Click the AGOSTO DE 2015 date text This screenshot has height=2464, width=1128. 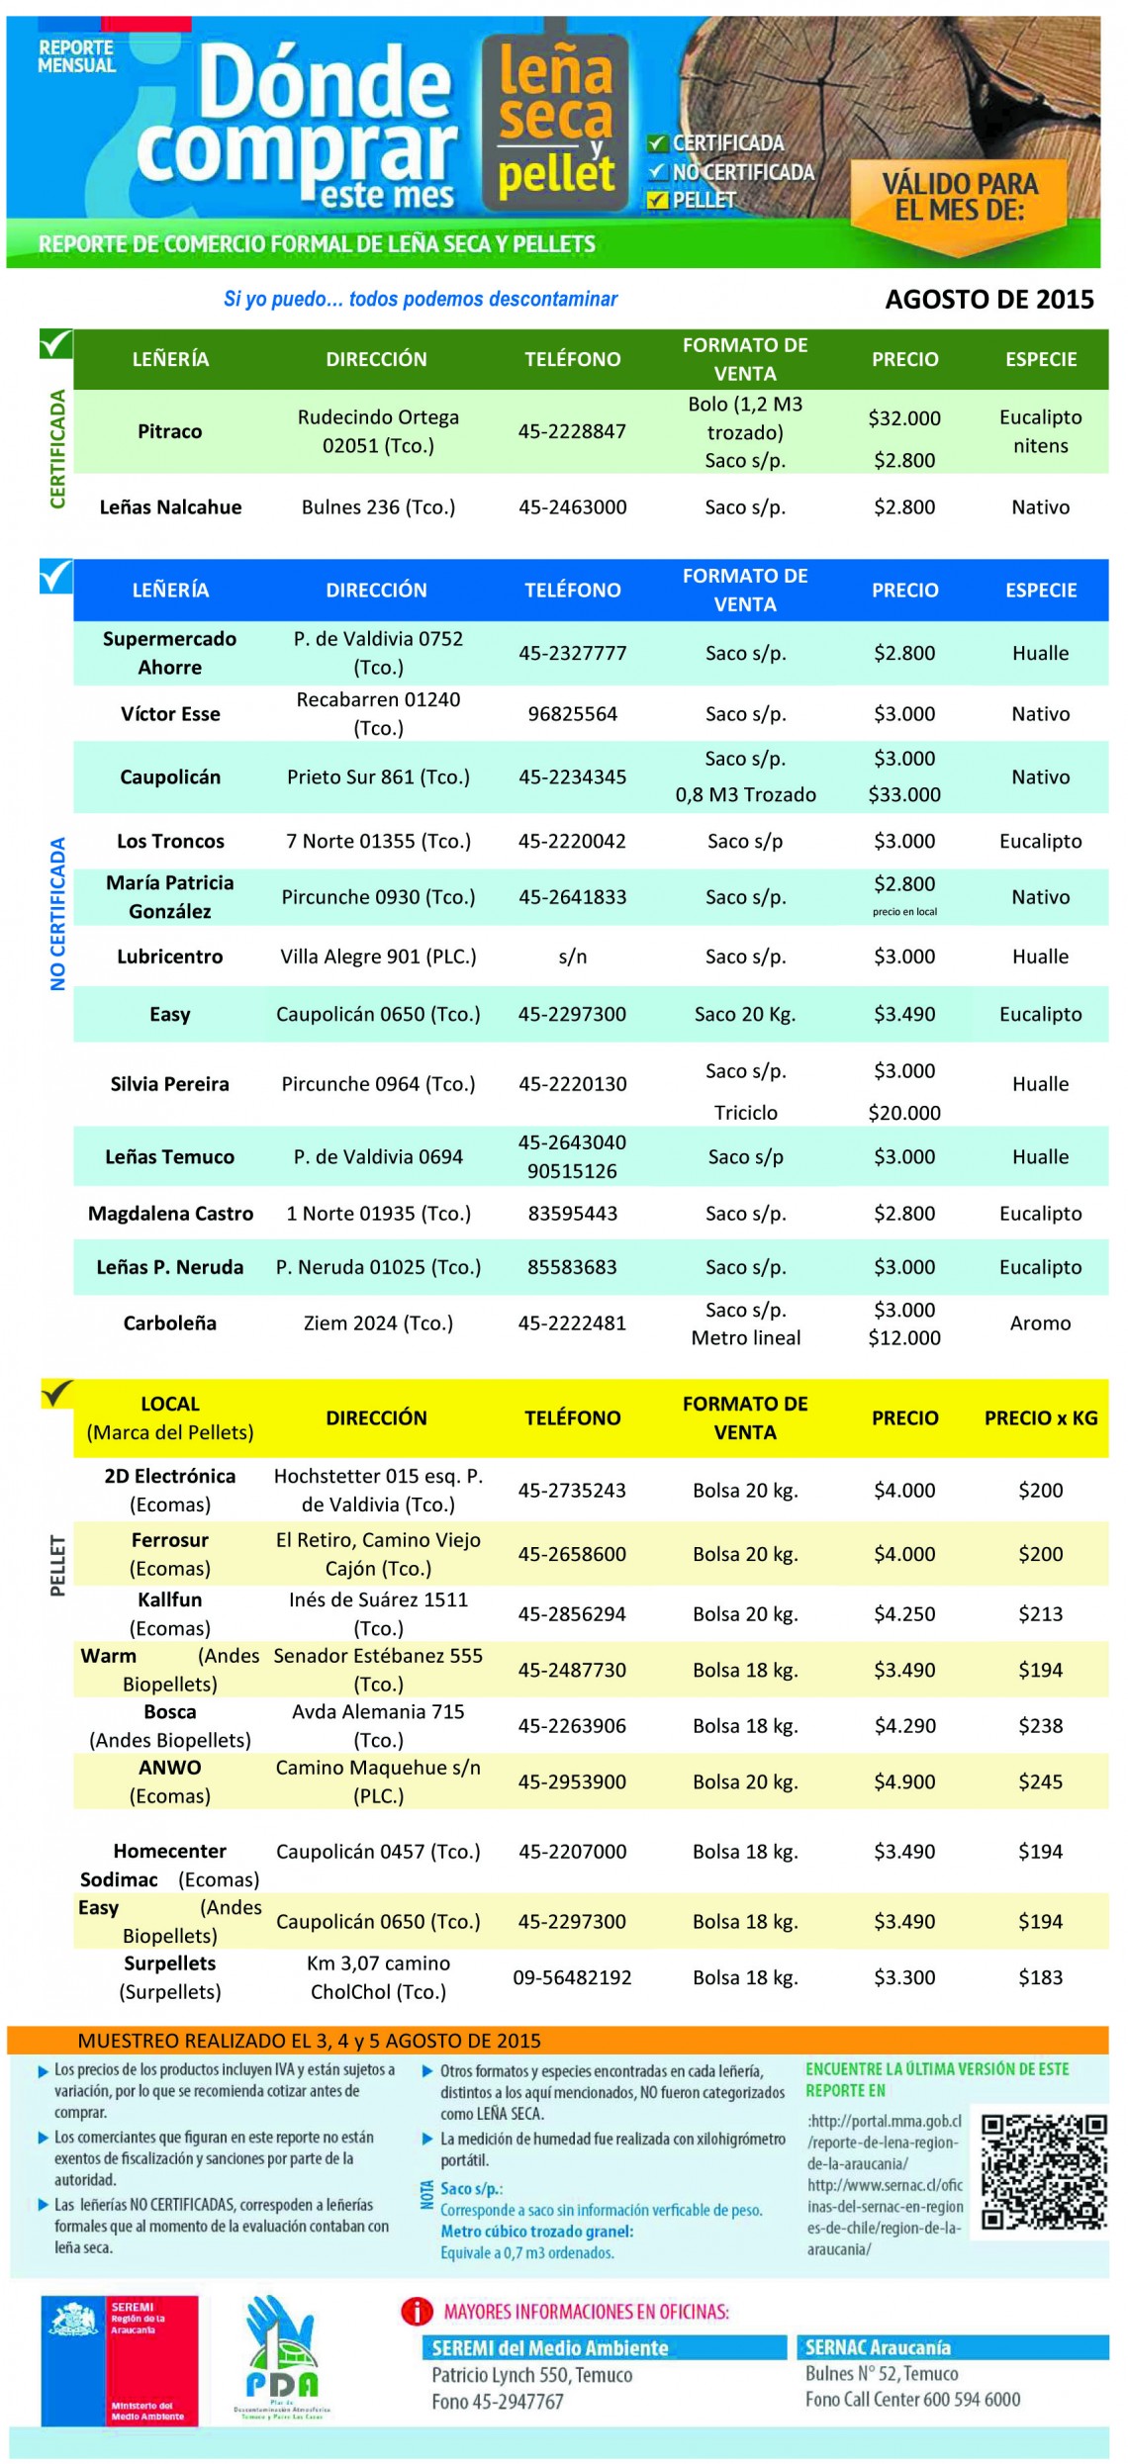coord(988,300)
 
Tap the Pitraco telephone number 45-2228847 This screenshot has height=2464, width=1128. coord(572,431)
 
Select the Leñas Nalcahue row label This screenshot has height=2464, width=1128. coord(170,507)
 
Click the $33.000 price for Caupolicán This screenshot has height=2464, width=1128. coord(904,794)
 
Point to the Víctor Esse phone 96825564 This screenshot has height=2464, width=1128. coord(572,714)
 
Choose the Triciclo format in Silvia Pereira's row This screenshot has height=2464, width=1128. coord(745,1113)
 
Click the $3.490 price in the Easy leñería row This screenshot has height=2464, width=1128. coord(904,1014)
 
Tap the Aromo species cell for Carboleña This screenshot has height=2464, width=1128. coord(1040,1323)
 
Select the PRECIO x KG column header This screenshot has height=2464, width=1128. coord(1040,1417)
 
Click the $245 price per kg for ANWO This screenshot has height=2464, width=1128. coord(1040,1781)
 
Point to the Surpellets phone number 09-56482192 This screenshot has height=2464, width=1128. coord(572,1977)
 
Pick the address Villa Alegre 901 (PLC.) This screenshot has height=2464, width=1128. coord(378,957)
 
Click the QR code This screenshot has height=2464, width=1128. coord(1043,2171)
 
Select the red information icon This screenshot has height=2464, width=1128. coord(417,2312)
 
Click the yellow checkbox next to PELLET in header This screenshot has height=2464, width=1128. coord(657,201)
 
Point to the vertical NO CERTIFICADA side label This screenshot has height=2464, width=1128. coord(57,914)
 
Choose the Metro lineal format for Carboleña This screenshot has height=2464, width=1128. coord(745,1338)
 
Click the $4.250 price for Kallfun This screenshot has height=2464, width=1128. coord(904,1613)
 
